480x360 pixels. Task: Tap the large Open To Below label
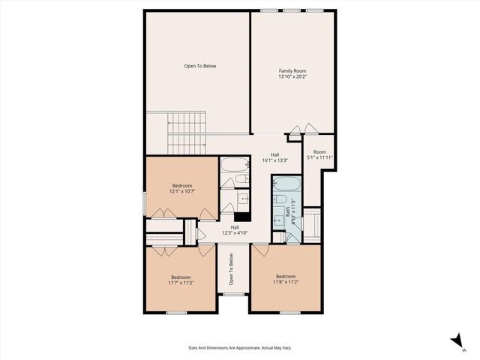[x=200, y=66]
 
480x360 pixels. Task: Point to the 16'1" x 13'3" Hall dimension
[x=275, y=160]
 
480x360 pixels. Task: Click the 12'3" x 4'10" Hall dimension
[x=235, y=233]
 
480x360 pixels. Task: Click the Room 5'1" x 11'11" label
[x=319, y=154]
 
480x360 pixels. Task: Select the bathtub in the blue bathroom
[x=285, y=184]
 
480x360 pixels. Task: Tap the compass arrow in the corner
[x=456, y=342]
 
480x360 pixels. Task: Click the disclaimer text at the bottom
[x=239, y=347]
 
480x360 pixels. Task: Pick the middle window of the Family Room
[x=292, y=10]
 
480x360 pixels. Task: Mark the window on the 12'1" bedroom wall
[x=145, y=202]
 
